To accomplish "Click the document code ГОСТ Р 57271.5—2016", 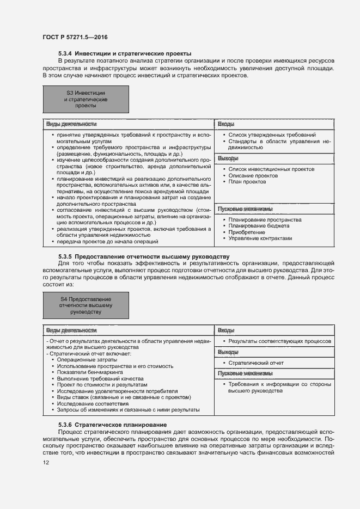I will point(75,37).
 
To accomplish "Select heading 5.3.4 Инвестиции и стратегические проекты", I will point(125,53).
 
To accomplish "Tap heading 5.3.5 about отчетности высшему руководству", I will point(144,256).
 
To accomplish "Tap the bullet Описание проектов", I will point(253,175).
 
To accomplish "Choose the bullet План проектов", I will point(247,181).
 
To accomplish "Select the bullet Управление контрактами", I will point(260,238).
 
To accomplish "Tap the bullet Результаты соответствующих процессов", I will point(279,341).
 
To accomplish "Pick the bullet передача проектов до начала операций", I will point(107,241).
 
